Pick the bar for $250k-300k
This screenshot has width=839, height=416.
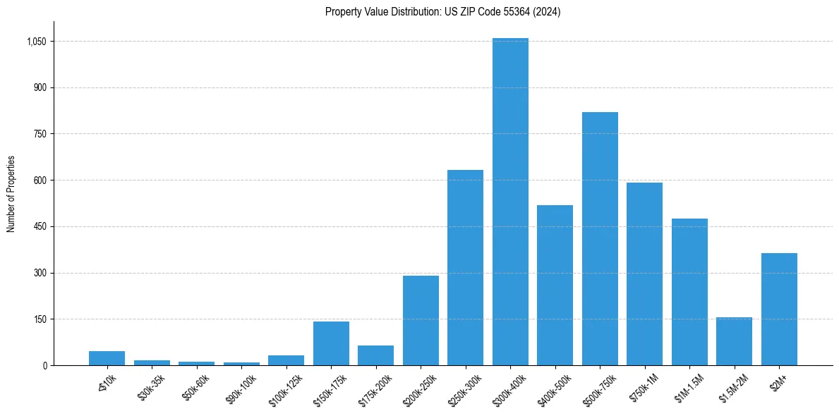pos(465,267)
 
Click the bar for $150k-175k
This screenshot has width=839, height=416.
pos(331,343)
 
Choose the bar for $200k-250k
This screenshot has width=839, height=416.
pos(421,320)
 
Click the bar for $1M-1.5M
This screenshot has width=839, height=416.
pos(689,292)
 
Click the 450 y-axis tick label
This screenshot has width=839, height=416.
pos(40,227)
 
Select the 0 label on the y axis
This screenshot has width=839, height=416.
pos(44,365)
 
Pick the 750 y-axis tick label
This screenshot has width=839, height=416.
pos(40,134)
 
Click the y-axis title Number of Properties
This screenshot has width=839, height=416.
pos(11,193)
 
